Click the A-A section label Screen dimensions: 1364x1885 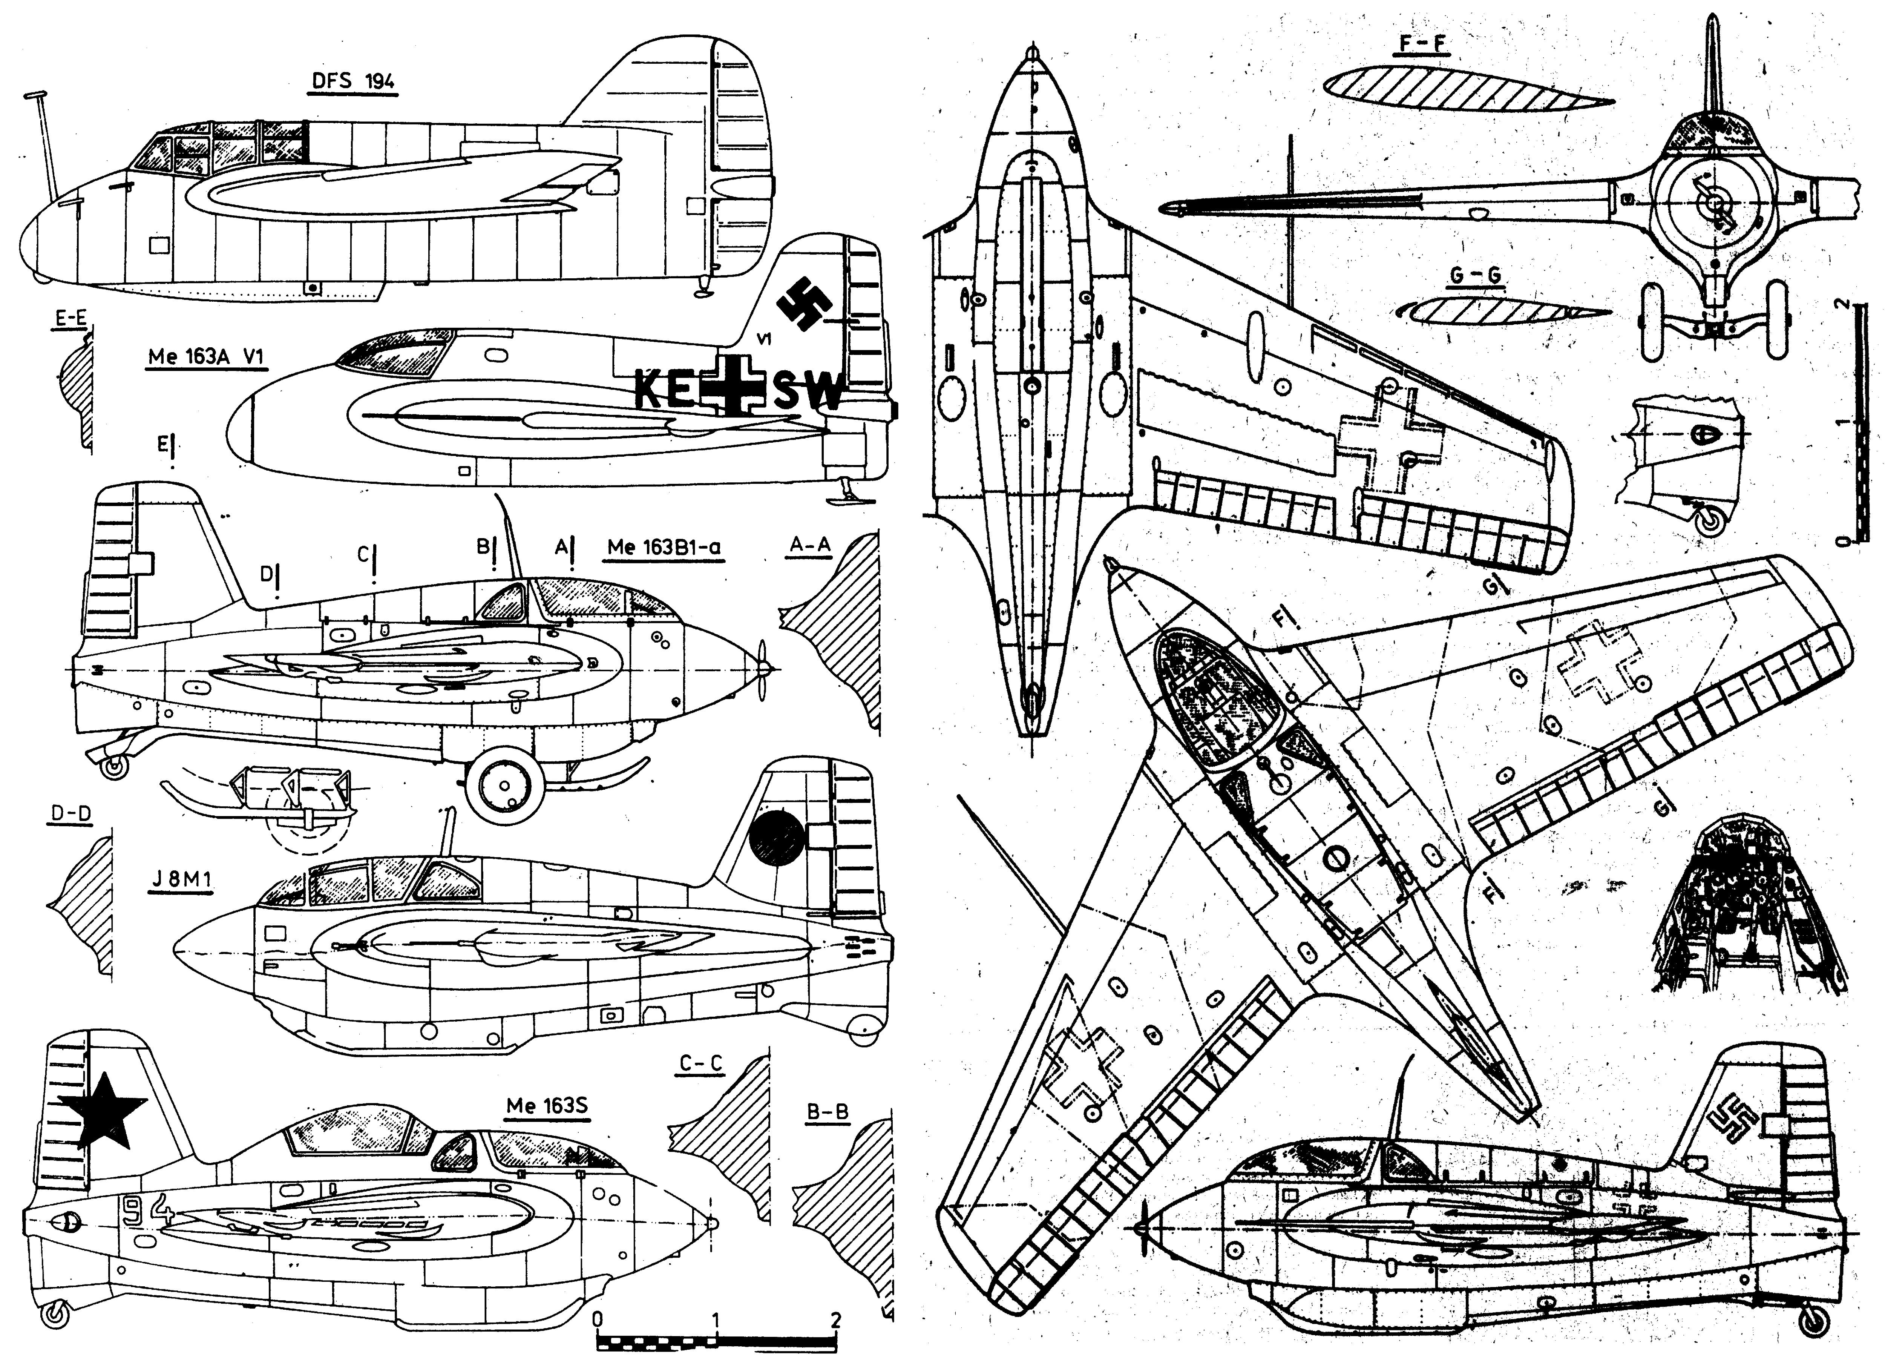click(809, 545)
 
